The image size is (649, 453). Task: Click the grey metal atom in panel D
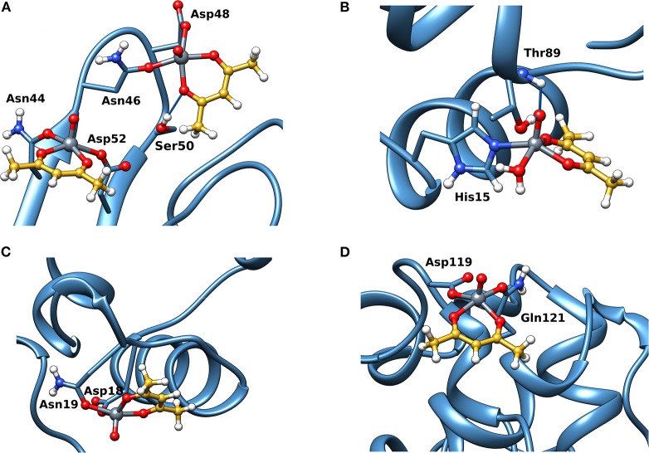478,295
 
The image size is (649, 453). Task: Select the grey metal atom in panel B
532,146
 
